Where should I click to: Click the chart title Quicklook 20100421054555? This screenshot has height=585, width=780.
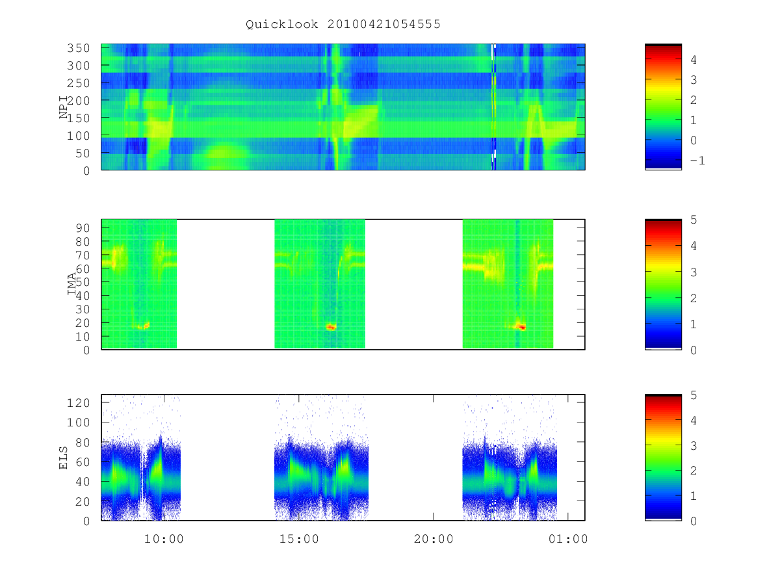(343, 24)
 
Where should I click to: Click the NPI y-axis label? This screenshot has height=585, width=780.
(64, 107)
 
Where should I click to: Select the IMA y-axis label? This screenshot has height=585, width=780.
(71, 284)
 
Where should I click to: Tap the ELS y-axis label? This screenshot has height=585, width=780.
(63, 458)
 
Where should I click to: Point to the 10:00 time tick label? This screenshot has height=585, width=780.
(164, 539)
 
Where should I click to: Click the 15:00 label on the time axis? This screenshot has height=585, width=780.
(299, 539)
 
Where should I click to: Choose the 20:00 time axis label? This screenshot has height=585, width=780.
(434, 539)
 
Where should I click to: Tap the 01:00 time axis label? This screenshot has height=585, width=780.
(568, 539)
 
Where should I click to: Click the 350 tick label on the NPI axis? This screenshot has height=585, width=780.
(78, 48)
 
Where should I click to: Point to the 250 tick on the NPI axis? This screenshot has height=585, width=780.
(78, 83)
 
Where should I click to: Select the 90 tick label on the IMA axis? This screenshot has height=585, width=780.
(83, 227)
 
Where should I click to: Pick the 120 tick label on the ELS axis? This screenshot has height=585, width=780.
(78, 403)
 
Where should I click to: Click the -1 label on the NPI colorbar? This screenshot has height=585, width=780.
(697, 161)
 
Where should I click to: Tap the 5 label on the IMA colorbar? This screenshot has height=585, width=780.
(694, 220)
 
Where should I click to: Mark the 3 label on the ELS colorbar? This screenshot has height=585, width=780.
(694, 446)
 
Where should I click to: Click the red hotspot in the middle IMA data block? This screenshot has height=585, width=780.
(331, 327)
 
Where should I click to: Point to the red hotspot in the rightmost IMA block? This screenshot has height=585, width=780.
(521, 327)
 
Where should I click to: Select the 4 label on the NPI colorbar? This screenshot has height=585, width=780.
(694, 60)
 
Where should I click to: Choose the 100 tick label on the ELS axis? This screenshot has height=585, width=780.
(78, 422)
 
